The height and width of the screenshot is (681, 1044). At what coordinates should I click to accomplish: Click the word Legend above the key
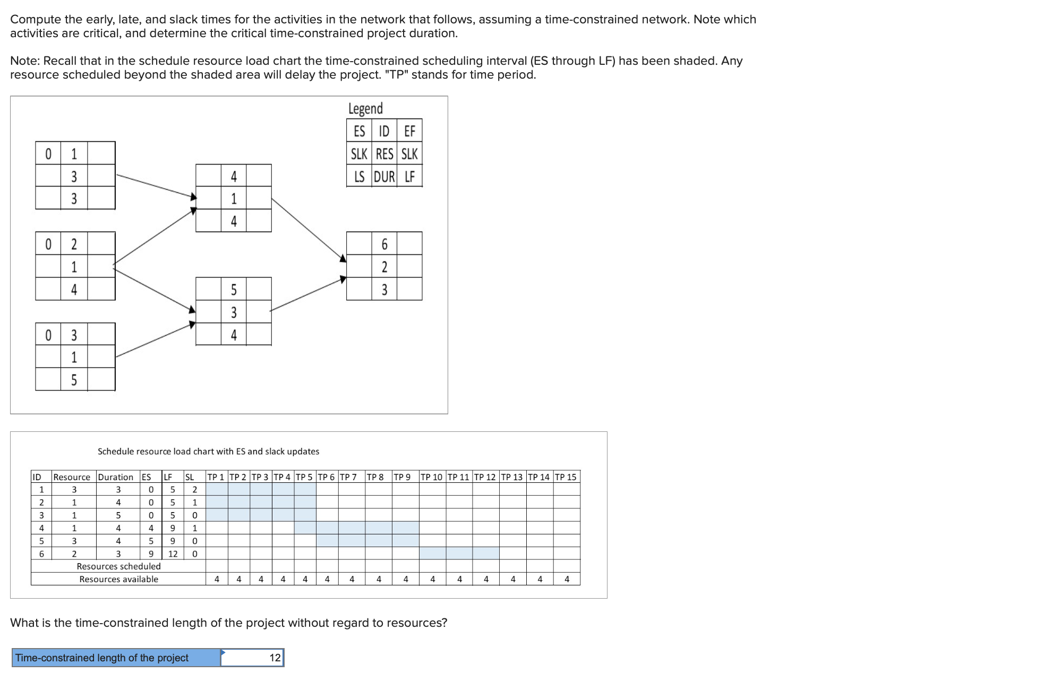click(365, 108)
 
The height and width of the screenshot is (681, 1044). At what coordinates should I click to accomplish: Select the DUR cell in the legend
click(384, 176)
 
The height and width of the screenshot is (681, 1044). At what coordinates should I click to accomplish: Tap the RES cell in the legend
click(384, 154)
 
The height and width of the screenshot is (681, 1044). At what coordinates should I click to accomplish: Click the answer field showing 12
click(252, 658)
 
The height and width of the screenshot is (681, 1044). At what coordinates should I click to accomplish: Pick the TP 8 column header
click(375, 477)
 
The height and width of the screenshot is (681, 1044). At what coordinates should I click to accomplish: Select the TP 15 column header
click(566, 477)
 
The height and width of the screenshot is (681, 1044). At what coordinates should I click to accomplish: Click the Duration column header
click(116, 477)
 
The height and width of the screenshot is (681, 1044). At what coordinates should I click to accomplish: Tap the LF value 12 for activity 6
click(173, 554)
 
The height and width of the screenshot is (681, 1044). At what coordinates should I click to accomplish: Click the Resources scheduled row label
click(118, 566)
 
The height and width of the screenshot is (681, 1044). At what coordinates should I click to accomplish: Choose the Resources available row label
click(118, 579)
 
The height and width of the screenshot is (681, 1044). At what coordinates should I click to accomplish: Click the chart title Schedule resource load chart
click(208, 452)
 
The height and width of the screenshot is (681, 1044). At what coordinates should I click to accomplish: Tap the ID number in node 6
click(384, 244)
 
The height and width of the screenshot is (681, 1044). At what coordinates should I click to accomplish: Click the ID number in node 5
click(234, 290)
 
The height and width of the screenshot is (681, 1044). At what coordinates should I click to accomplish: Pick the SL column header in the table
click(190, 477)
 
